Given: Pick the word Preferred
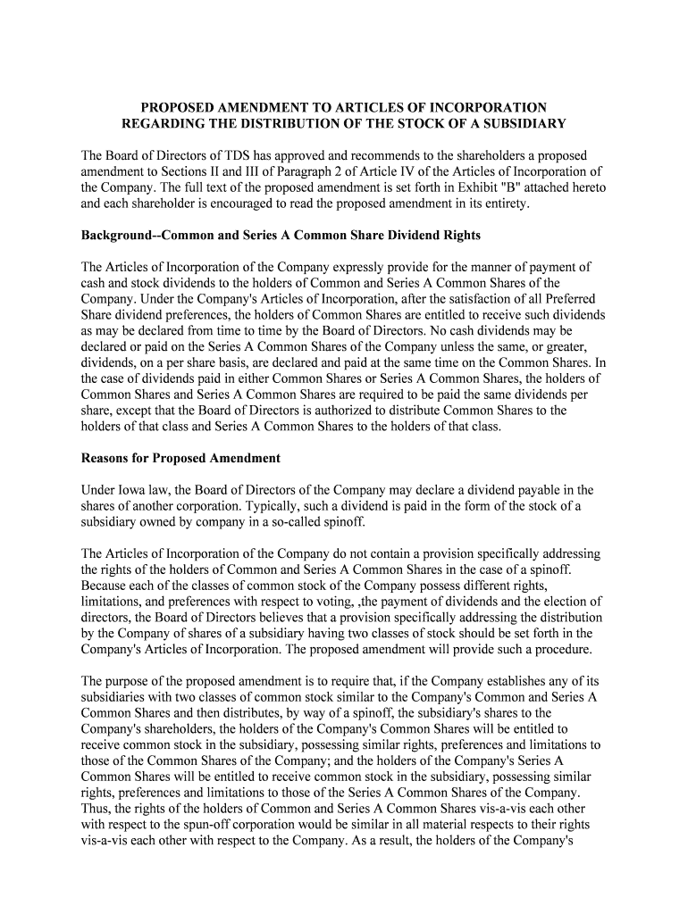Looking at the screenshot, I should tap(568, 299).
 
